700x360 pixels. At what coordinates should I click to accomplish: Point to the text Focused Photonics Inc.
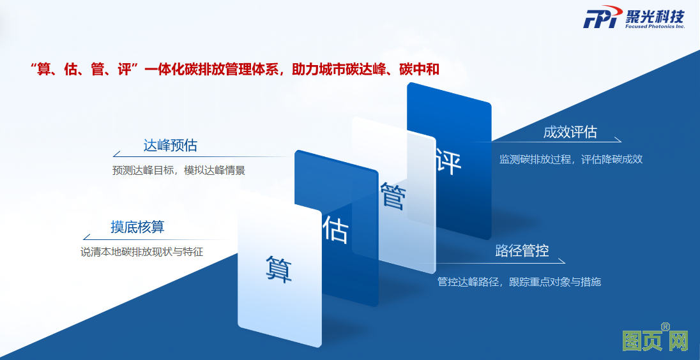[x=655, y=27]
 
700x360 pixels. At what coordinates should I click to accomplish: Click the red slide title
[x=235, y=70]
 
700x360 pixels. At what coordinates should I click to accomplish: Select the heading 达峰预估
[x=170, y=146]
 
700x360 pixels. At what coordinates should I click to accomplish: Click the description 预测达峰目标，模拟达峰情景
[x=179, y=170]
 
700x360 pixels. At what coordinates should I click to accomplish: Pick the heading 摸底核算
[x=137, y=227]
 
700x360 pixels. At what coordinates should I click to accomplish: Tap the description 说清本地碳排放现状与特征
[x=142, y=251]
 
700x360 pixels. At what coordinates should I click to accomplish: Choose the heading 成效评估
[x=570, y=132]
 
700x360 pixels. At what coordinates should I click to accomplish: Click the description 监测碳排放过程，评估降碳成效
[x=571, y=160]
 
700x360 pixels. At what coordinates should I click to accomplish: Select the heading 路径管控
[x=522, y=250]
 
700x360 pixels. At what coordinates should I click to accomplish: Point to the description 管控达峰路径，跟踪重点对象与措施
[x=519, y=282]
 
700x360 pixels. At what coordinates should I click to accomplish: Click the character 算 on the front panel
[x=279, y=269]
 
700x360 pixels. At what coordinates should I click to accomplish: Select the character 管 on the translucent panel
[x=393, y=195]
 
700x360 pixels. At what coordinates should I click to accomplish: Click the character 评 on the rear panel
[x=448, y=161]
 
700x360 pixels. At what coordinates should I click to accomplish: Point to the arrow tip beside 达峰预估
[x=114, y=156]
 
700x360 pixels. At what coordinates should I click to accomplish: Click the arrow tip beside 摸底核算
[x=84, y=239]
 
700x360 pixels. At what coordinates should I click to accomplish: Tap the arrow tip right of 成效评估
[x=621, y=142]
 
